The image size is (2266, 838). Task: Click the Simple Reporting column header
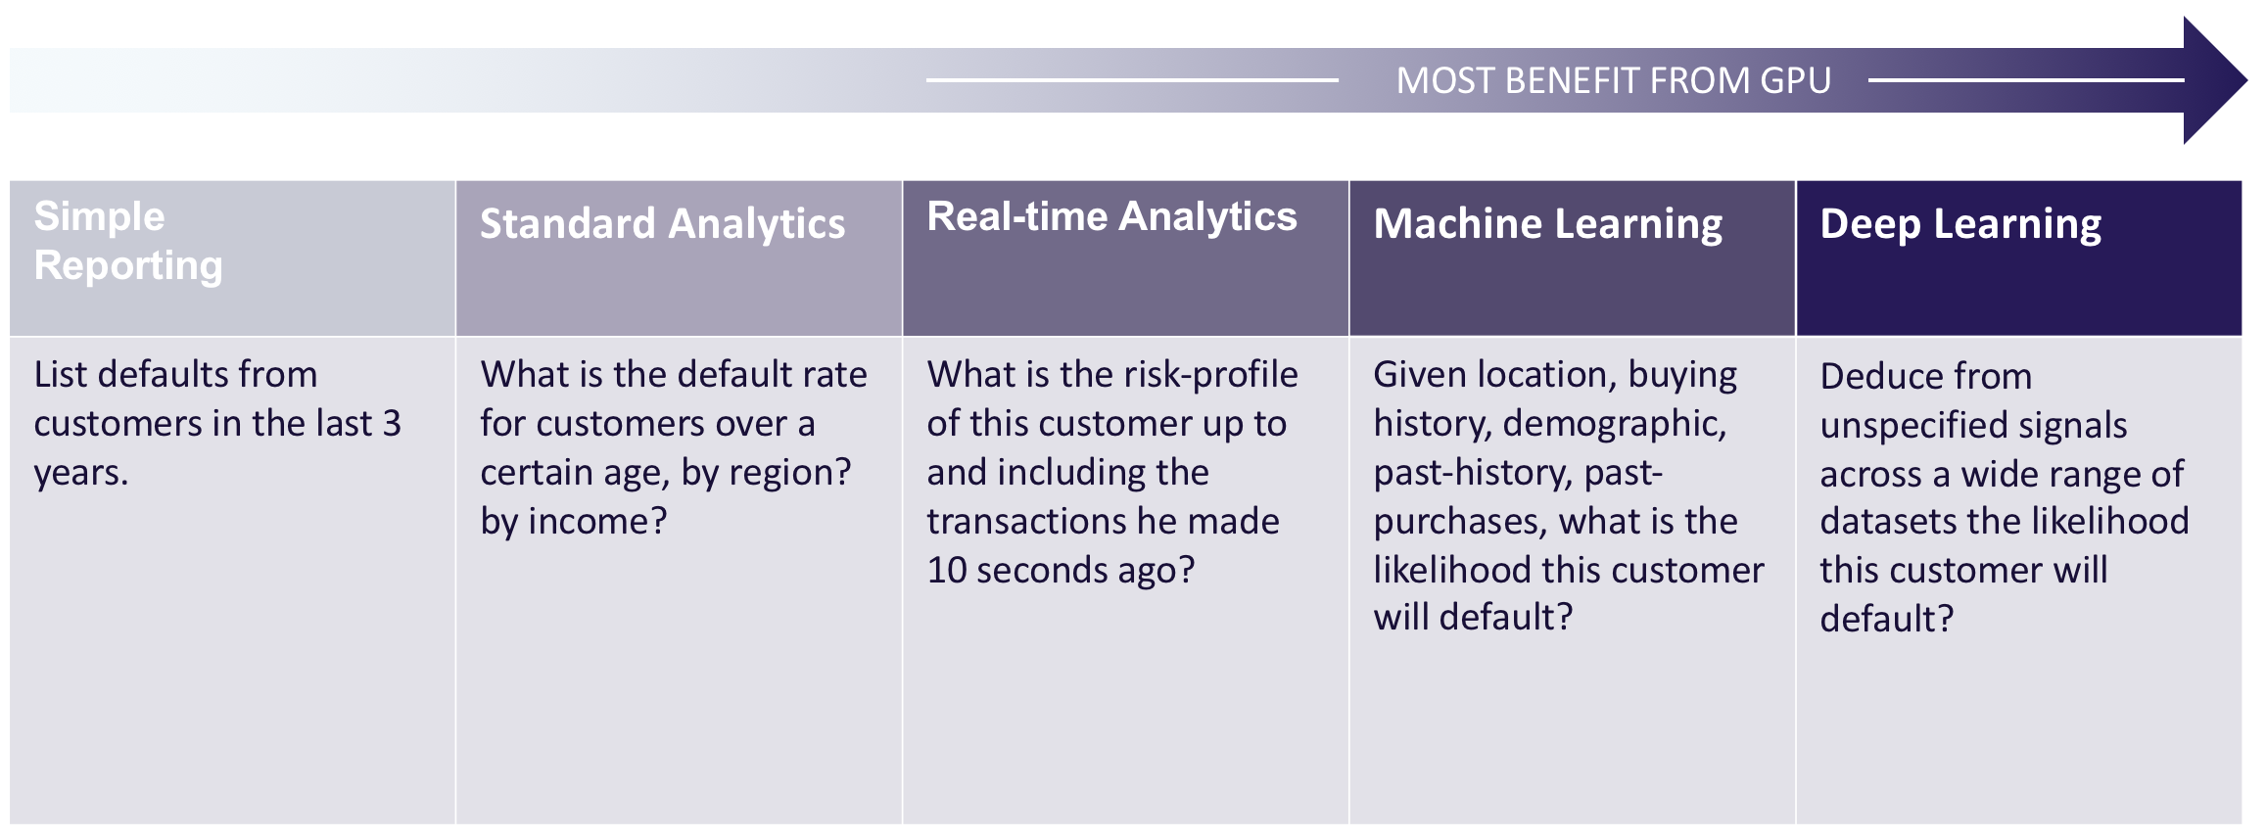point(128,241)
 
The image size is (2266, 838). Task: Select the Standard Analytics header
point(662,223)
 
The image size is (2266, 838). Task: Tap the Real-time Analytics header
point(1111,217)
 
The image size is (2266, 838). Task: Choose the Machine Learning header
point(1547,224)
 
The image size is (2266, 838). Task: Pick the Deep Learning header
point(1960,224)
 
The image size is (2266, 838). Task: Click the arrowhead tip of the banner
point(2245,80)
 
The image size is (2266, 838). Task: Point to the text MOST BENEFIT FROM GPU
point(1613,80)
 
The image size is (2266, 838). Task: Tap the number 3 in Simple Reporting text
point(392,423)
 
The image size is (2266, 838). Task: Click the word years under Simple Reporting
point(80,474)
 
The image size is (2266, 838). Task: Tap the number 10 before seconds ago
point(947,570)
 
